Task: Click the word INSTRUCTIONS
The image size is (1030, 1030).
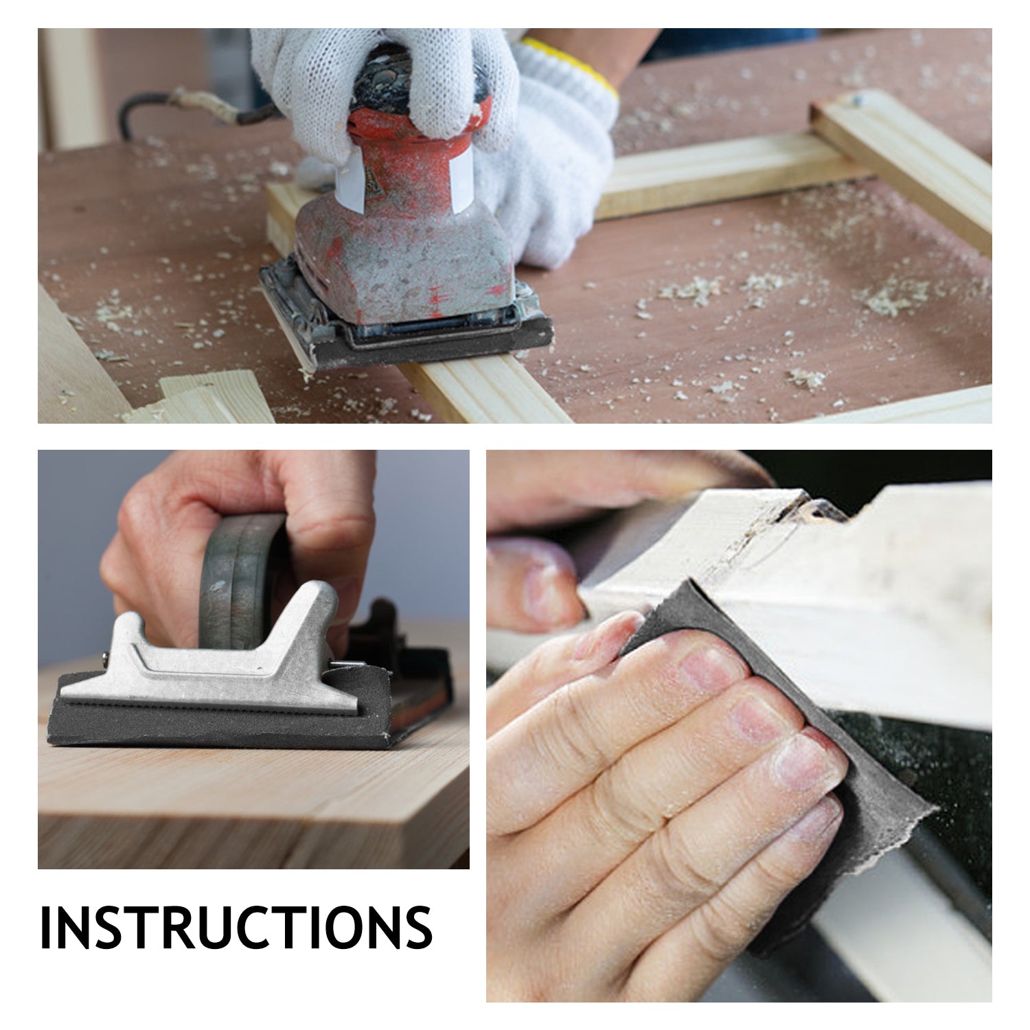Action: pos(236,927)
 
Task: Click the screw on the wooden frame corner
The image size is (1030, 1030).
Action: pos(856,101)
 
